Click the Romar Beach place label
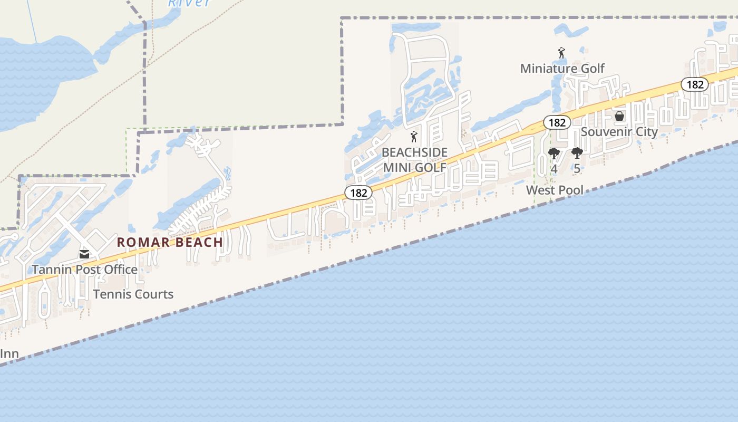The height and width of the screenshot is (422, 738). (x=170, y=242)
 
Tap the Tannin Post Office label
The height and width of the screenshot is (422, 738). (x=85, y=270)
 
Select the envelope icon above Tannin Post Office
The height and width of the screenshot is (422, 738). (x=84, y=254)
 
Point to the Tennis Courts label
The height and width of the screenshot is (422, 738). (x=133, y=294)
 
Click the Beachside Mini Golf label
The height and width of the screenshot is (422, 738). (x=414, y=160)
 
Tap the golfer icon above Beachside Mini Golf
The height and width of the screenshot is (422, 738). (x=414, y=137)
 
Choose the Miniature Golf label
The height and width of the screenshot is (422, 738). (x=562, y=69)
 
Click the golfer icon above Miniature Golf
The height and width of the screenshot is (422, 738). (x=561, y=53)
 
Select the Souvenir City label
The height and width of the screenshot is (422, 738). (x=619, y=132)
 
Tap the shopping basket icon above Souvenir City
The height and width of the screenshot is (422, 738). (x=619, y=116)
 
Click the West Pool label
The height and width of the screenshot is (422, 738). (x=555, y=190)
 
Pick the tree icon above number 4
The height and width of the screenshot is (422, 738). (x=553, y=154)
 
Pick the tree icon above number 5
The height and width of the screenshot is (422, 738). (x=577, y=154)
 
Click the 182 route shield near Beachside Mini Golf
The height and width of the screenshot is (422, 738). (x=358, y=193)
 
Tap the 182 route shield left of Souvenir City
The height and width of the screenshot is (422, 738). (x=557, y=123)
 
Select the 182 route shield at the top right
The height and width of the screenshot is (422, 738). (x=694, y=84)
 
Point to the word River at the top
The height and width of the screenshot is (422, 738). (x=189, y=3)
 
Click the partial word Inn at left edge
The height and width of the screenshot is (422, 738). (x=9, y=353)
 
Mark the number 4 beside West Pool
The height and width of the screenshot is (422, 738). (x=554, y=169)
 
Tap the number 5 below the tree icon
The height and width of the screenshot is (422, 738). (x=577, y=169)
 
